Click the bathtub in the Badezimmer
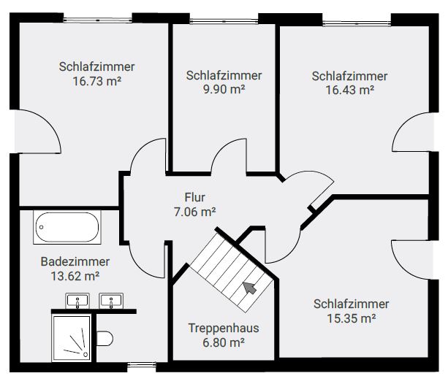pos(67,227)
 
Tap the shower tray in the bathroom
pos(72,338)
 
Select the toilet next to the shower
pos(105,338)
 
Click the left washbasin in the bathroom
pos(77,301)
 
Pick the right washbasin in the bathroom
pos(111,301)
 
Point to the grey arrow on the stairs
pos(250,288)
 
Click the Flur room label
pos(195,197)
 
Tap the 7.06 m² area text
pos(195,212)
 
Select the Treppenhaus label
pos(224,328)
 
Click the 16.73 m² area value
pos(97,81)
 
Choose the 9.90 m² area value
pos(224,89)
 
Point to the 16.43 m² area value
pos(350,91)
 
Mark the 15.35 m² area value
pos(351,318)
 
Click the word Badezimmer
pos(75,261)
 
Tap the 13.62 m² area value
pos(75,276)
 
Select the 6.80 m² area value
pos(224,342)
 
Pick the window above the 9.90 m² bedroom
pos(224,21)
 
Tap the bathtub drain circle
pos(42,227)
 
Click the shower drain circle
pos(86,355)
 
